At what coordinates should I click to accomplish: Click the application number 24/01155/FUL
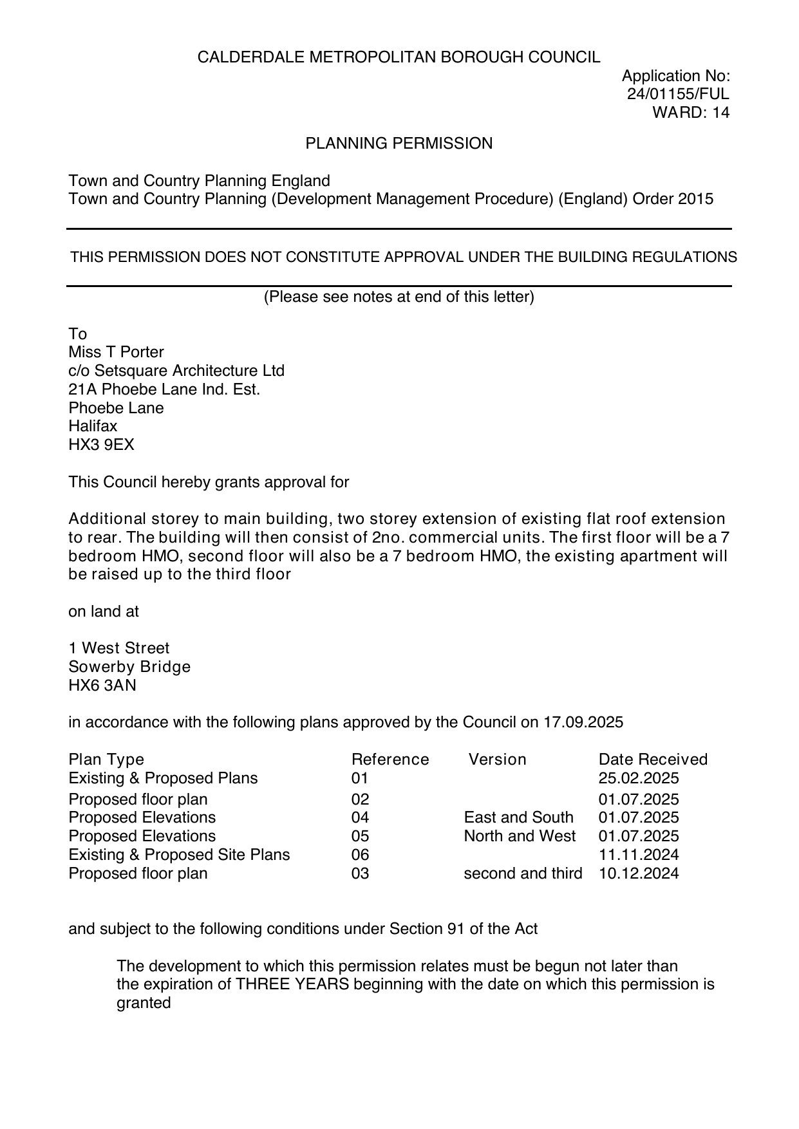[x=678, y=94]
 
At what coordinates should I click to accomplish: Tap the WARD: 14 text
[x=691, y=113]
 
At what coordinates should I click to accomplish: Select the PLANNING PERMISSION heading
[x=399, y=144]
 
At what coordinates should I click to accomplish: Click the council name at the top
[x=399, y=57]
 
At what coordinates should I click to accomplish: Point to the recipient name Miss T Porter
[x=116, y=352]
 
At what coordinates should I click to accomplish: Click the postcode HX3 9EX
[x=101, y=445]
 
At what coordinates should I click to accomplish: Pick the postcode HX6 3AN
[x=102, y=686]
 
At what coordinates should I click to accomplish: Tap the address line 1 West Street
[x=119, y=648]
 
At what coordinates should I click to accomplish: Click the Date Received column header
[x=653, y=760]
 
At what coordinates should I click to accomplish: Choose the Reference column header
[x=390, y=760]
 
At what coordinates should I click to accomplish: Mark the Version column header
[x=497, y=760]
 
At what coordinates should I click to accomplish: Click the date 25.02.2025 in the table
[x=639, y=778]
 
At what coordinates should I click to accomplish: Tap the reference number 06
[x=361, y=855]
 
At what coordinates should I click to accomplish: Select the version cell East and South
[x=518, y=817]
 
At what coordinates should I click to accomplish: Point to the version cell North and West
[x=520, y=836]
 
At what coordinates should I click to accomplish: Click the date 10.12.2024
[x=639, y=873]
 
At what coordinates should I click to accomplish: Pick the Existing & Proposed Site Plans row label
[x=179, y=855]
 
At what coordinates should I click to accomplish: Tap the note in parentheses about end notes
[x=399, y=297]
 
